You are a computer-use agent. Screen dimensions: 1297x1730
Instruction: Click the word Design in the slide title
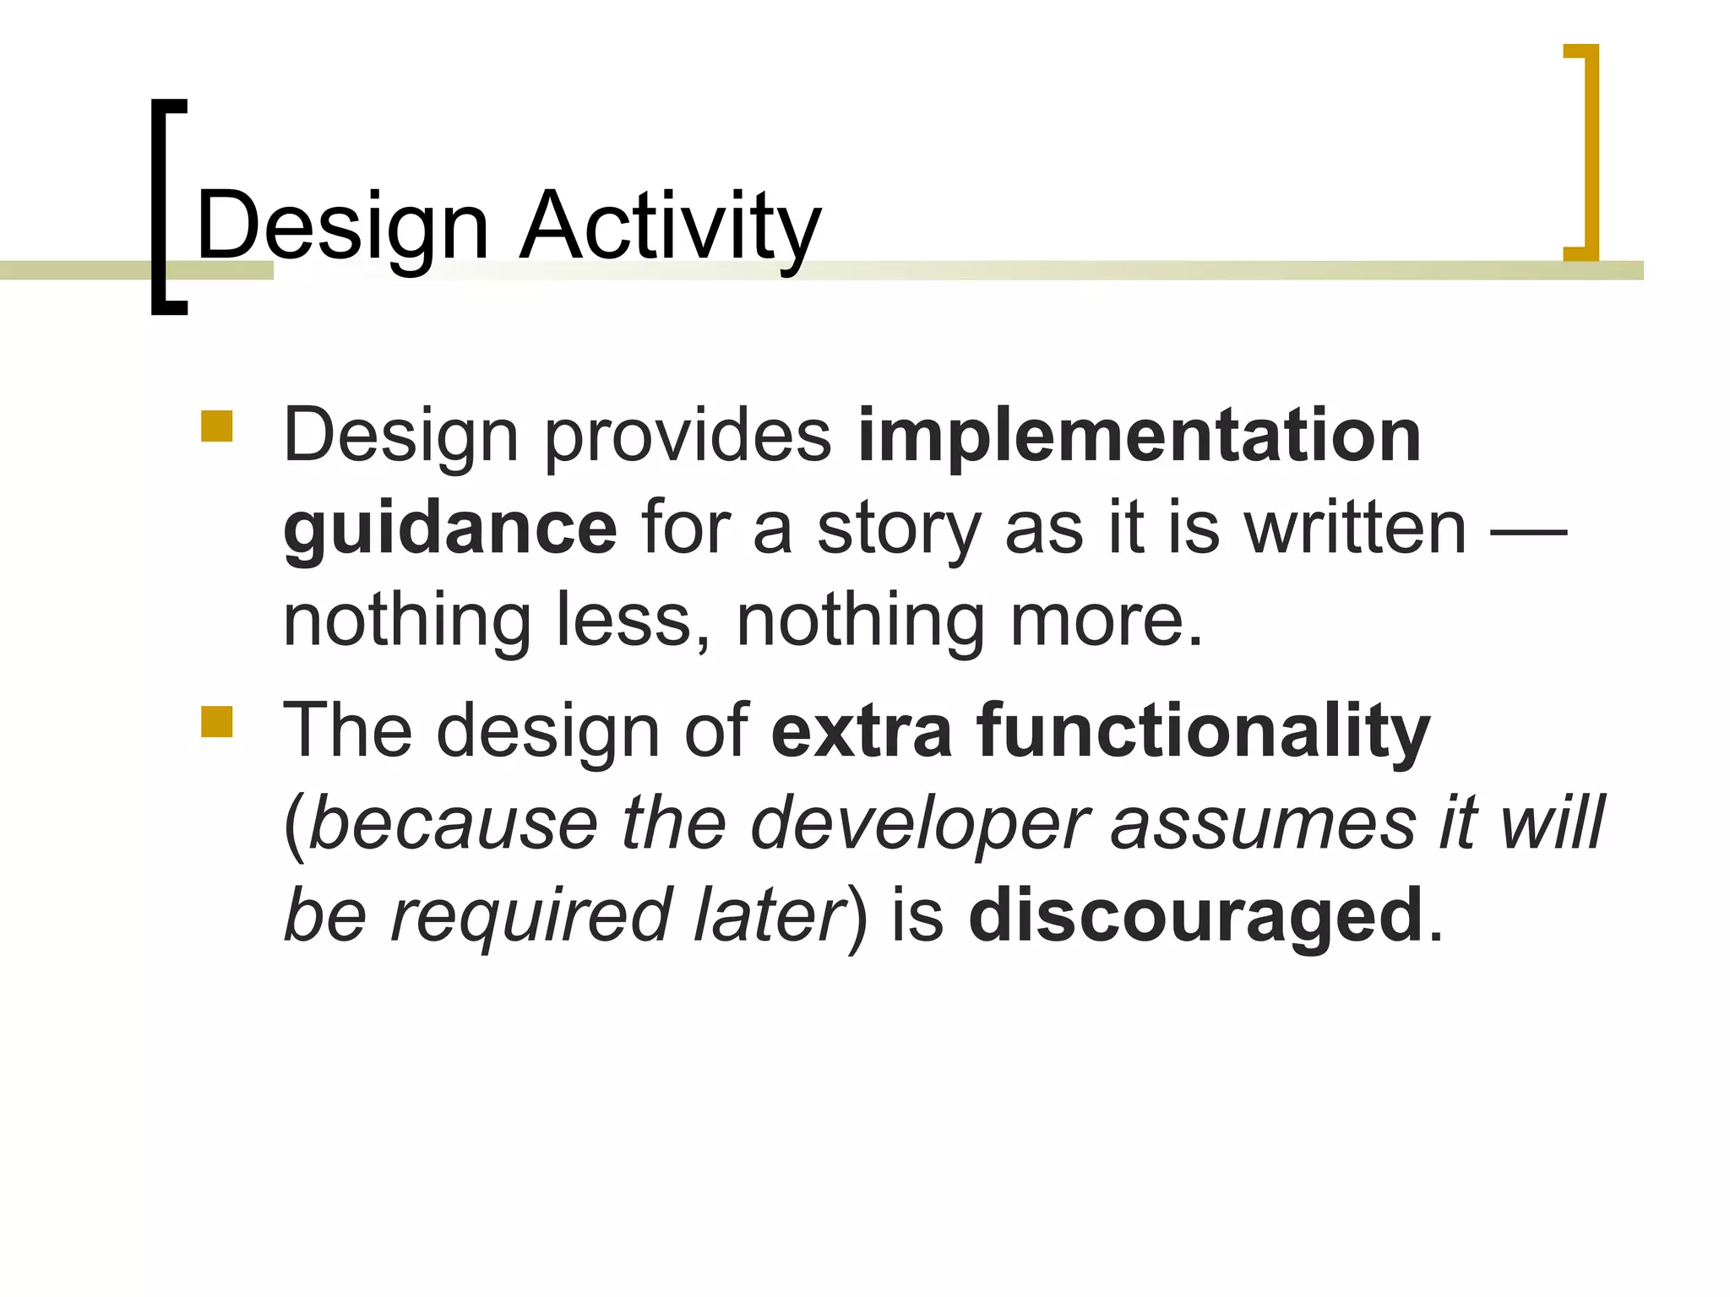tap(342, 226)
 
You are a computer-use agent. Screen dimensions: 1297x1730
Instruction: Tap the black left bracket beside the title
tap(160, 207)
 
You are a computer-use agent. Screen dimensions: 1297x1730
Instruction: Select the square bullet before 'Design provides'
tap(217, 426)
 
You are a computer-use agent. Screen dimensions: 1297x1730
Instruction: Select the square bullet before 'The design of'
tap(217, 722)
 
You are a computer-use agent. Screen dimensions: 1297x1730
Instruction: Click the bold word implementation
tap(1139, 437)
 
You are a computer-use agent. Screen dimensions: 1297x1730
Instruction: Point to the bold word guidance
tap(450, 529)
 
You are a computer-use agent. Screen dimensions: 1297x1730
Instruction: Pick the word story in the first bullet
tap(899, 529)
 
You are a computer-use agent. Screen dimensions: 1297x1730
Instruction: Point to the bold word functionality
tap(1204, 731)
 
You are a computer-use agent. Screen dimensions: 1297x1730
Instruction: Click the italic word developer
tap(920, 824)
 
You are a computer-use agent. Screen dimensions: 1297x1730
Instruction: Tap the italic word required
tap(530, 917)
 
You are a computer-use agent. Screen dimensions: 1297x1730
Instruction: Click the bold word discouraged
tap(1196, 915)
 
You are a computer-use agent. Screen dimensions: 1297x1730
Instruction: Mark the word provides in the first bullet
tap(688, 438)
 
